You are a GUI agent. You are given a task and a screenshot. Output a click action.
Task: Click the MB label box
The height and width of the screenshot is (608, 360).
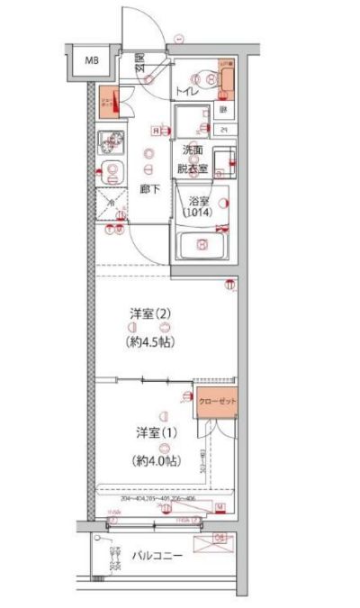[91, 61]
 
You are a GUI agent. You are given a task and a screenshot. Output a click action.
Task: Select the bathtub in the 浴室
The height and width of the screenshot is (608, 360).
[203, 244]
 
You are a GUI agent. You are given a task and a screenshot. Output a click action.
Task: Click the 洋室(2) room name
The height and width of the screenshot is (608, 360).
[149, 314]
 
